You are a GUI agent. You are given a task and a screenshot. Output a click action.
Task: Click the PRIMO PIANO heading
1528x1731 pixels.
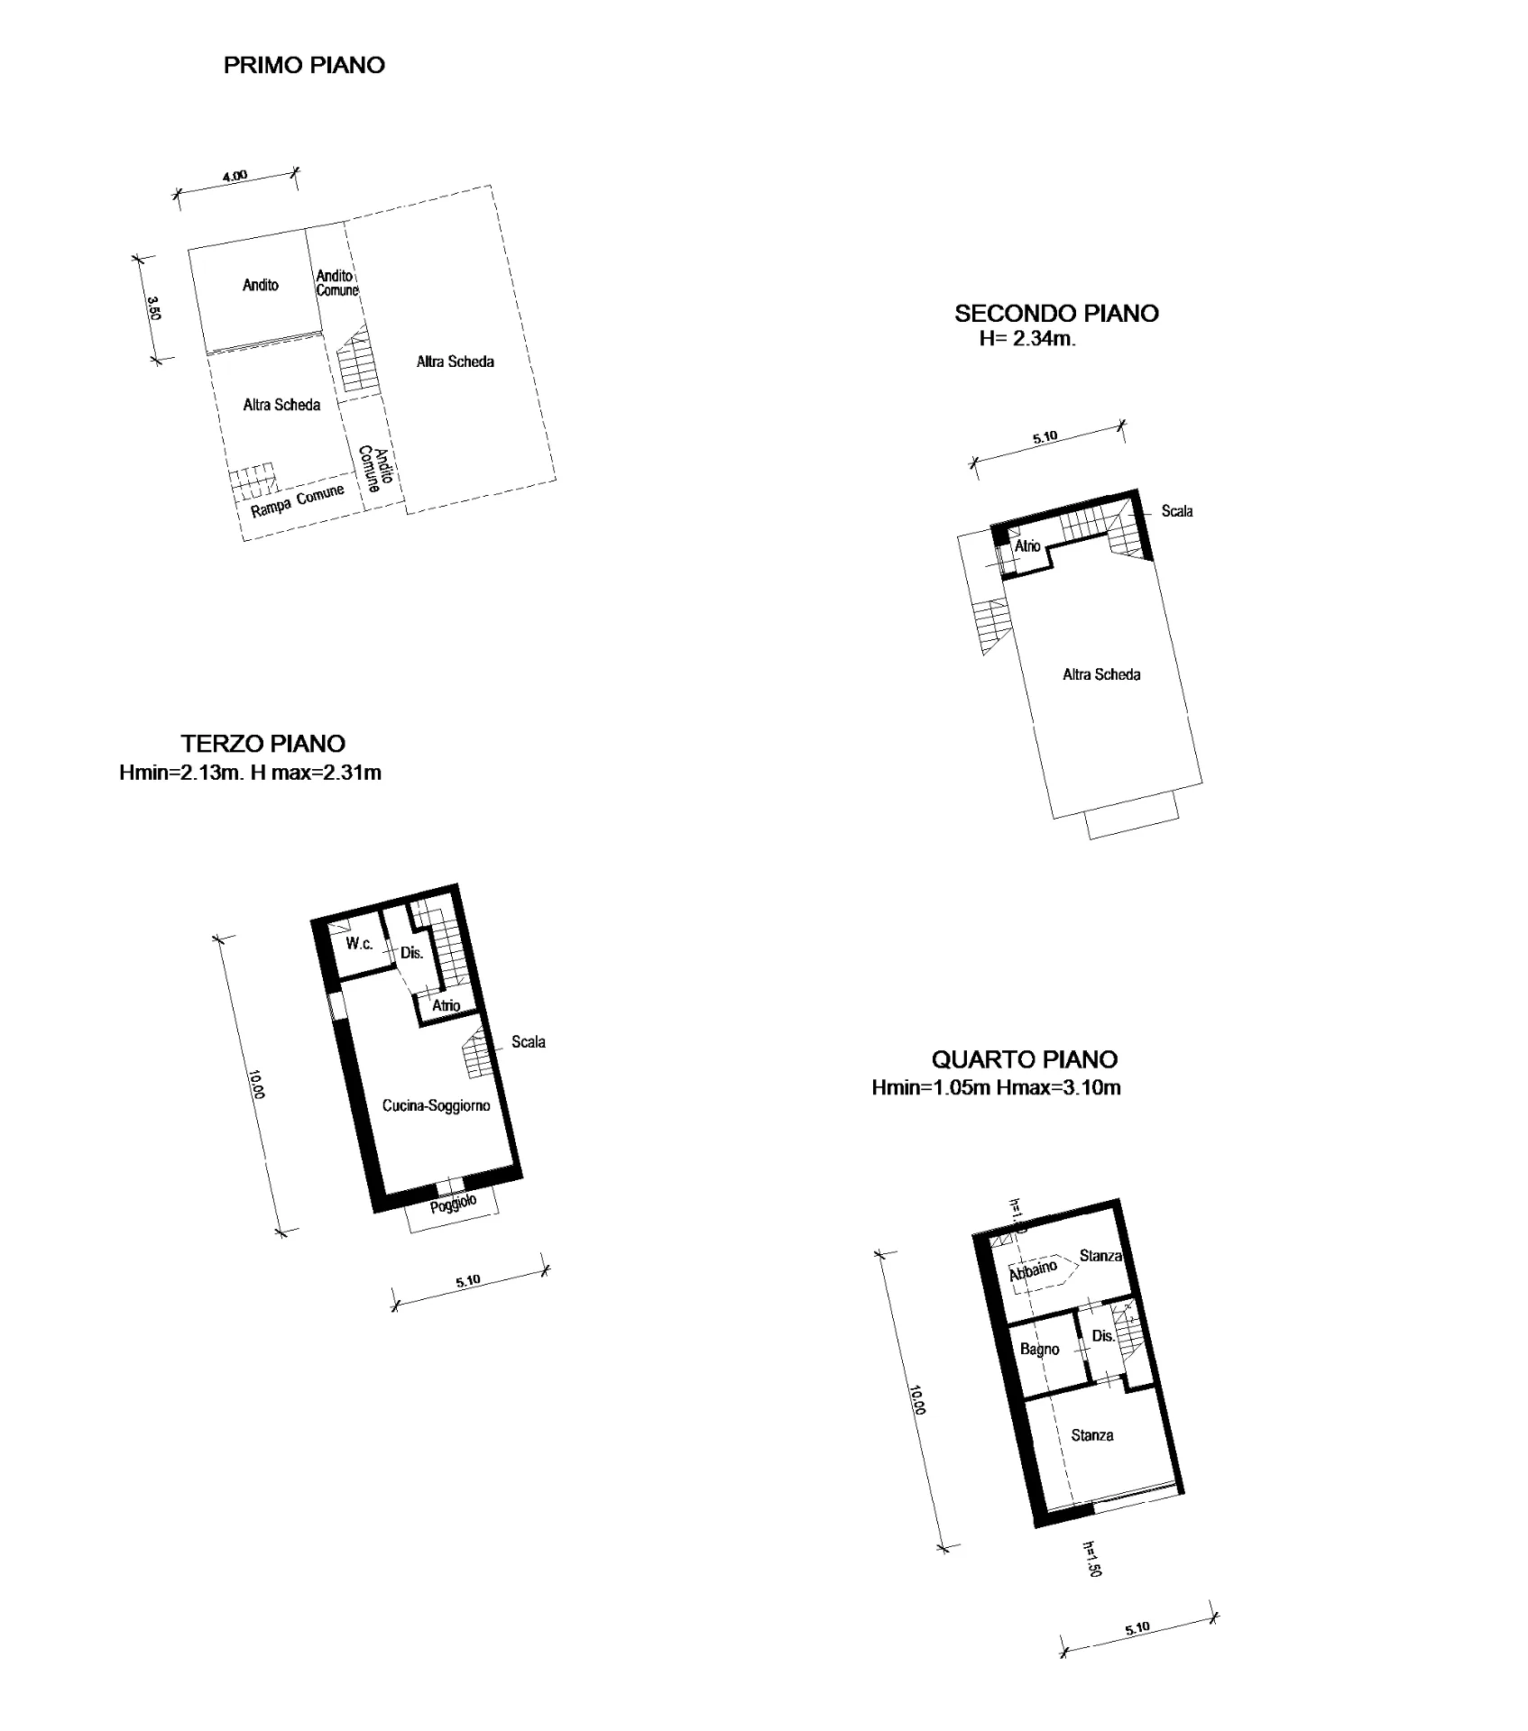304,65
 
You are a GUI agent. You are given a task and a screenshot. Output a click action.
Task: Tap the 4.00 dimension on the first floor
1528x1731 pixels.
235,176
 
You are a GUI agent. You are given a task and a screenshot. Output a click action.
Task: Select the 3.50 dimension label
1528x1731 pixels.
154,309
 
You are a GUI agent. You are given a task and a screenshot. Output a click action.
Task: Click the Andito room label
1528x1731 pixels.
261,285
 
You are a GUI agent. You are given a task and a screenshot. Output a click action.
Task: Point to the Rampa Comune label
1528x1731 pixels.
298,501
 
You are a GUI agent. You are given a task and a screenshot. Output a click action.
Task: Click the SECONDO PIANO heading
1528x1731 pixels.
1056,314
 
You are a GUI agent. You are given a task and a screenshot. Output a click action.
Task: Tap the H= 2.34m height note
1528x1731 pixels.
1027,340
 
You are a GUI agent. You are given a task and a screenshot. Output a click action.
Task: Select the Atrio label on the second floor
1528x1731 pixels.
1027,546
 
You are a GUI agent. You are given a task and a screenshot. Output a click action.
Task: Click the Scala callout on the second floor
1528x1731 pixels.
1177,511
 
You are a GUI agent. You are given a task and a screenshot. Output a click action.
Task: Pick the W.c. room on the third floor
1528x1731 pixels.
359,944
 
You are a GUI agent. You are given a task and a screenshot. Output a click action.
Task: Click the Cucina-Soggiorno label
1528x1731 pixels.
437,1105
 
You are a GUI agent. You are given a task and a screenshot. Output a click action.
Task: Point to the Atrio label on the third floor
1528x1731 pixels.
446,1005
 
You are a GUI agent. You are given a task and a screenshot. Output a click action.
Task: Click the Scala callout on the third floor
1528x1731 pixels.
529,1042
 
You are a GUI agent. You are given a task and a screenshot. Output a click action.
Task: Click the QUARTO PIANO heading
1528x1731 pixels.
1025,1059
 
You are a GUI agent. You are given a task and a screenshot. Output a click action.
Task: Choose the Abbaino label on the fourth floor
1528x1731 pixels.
1034,1270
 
